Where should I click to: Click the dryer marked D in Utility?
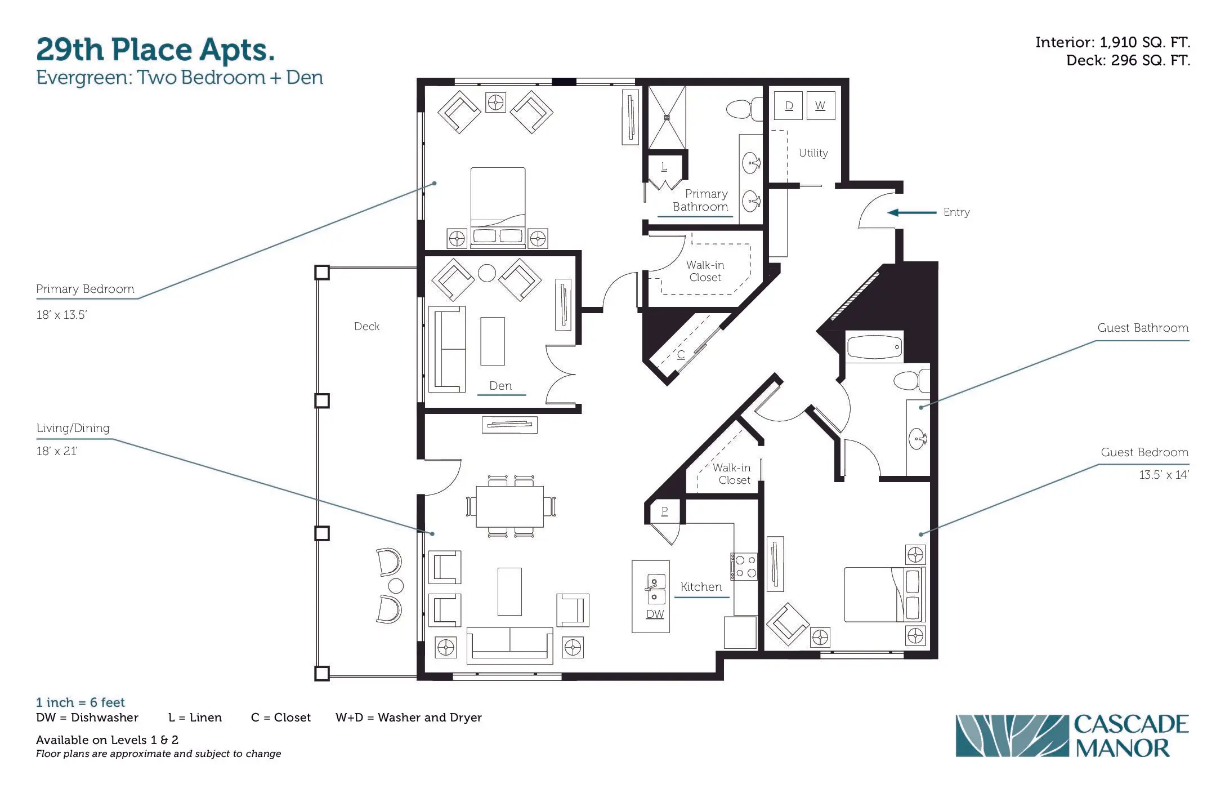[x=789, y=105]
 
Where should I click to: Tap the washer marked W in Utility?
[x=820, y=105]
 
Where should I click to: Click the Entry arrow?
[x=912, y=212]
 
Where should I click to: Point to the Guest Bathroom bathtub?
[x=874, y=346]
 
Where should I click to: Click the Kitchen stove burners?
[x=744, y=566]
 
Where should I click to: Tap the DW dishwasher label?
[x=655, y=614]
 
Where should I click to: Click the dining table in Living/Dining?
[x=510, y=506]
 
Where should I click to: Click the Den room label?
[x=500, y=386]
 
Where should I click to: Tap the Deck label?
[x=366, y=327]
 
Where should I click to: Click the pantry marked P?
[x=664, y=511]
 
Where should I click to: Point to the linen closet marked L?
[x=664, y=167]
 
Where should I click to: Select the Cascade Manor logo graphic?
[x=1012, y=736]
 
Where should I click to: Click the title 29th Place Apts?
[x=155, y=50]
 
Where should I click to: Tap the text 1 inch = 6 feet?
[x=80, y=702]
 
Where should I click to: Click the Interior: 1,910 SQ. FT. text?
[x=1112, y=42]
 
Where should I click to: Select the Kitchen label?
[x=701, y=587]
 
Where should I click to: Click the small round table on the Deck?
[x=396, y=586]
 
